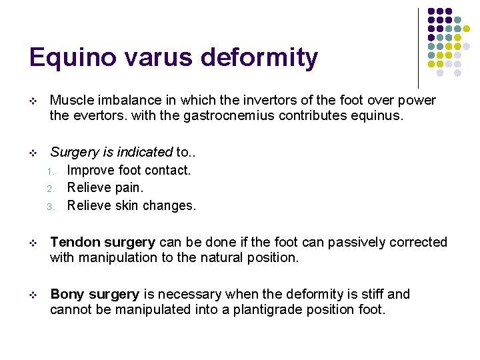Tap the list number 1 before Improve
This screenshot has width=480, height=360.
click(x=51, y=171)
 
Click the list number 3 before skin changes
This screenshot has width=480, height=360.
click(x=51, y=207)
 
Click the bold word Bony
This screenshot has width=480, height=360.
click(x=65, y=294)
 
